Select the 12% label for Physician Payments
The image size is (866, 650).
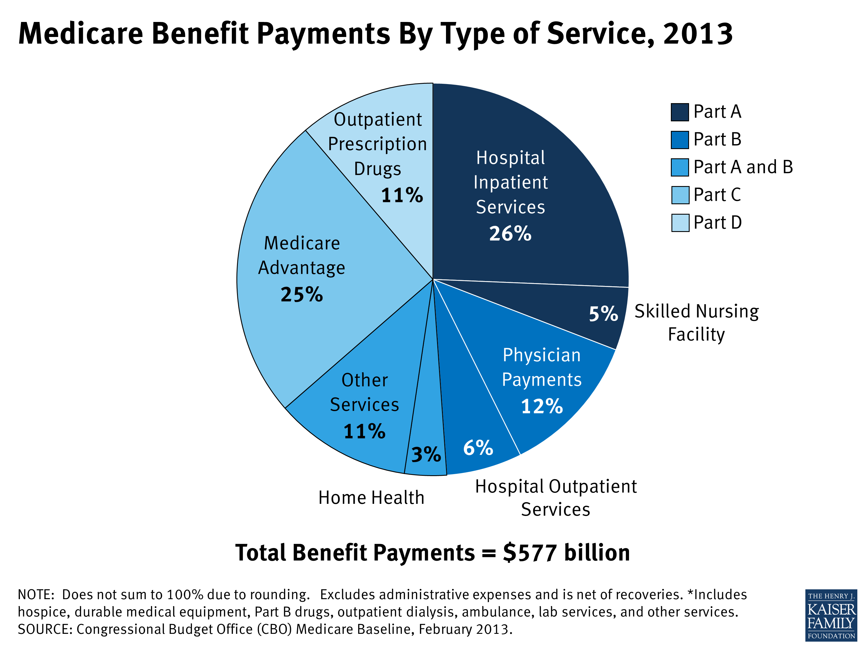(542, 406)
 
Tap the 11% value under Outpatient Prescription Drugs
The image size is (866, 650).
(402, 195)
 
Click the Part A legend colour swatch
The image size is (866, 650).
(680, 112)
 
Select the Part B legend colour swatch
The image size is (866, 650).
(680, 140)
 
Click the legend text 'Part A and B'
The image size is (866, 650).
(743, 167)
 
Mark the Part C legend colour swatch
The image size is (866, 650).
(680, 195)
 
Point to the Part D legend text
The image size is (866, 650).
(718, 222)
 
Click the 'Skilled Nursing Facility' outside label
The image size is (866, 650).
(697, 322)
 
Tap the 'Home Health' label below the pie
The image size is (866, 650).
(371, 497)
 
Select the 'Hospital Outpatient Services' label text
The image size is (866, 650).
(556, 497)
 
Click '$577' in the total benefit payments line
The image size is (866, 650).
(530, 553)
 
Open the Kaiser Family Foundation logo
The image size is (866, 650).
(831, 615)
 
